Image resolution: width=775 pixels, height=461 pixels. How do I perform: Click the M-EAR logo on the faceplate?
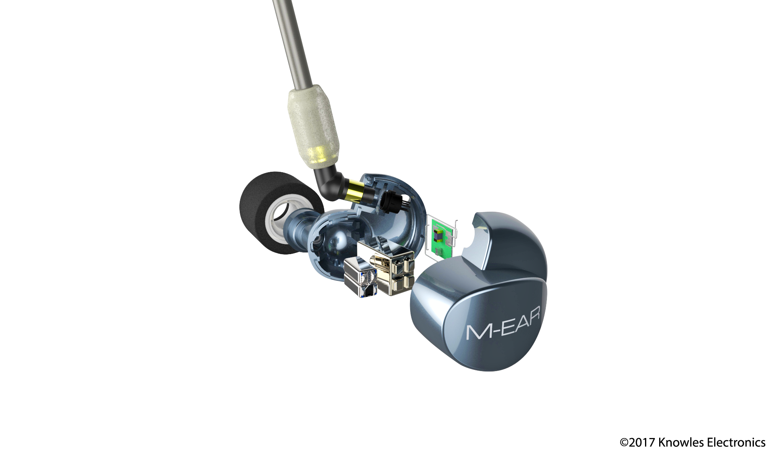(x=503, y=323)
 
